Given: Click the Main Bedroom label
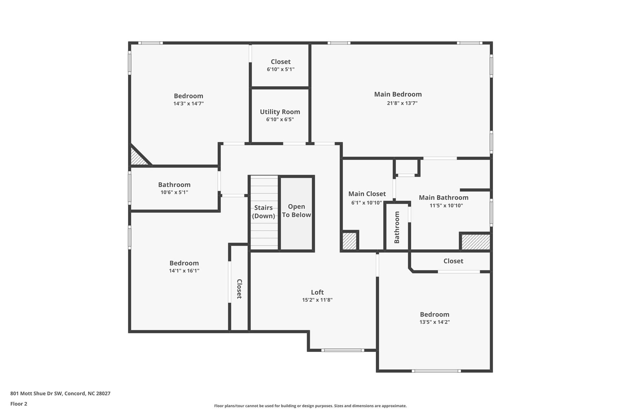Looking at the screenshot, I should [398, 94].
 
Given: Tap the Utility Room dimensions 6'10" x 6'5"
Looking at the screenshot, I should [280, 120].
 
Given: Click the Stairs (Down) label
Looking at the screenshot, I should [263, 212].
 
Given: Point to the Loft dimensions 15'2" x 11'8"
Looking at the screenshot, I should [317, 300].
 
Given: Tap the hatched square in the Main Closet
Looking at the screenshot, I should [349, 241].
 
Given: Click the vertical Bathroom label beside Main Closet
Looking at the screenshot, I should [397, 227].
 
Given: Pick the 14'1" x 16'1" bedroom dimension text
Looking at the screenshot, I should [184, 271].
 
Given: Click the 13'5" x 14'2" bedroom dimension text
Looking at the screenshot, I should [434, 322].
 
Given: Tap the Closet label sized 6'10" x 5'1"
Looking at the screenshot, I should [280, 62].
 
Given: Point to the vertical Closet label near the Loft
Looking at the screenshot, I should [239, 289].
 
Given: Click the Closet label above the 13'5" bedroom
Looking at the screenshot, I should [453, 261].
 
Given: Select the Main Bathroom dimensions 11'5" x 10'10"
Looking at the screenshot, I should [446, 206].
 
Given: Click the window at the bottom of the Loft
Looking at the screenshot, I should [343, 350].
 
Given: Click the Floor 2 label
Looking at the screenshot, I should [19, 404].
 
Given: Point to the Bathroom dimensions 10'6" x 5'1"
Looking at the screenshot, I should [174, 192].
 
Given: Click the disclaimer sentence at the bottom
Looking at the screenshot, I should [310, 406].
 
